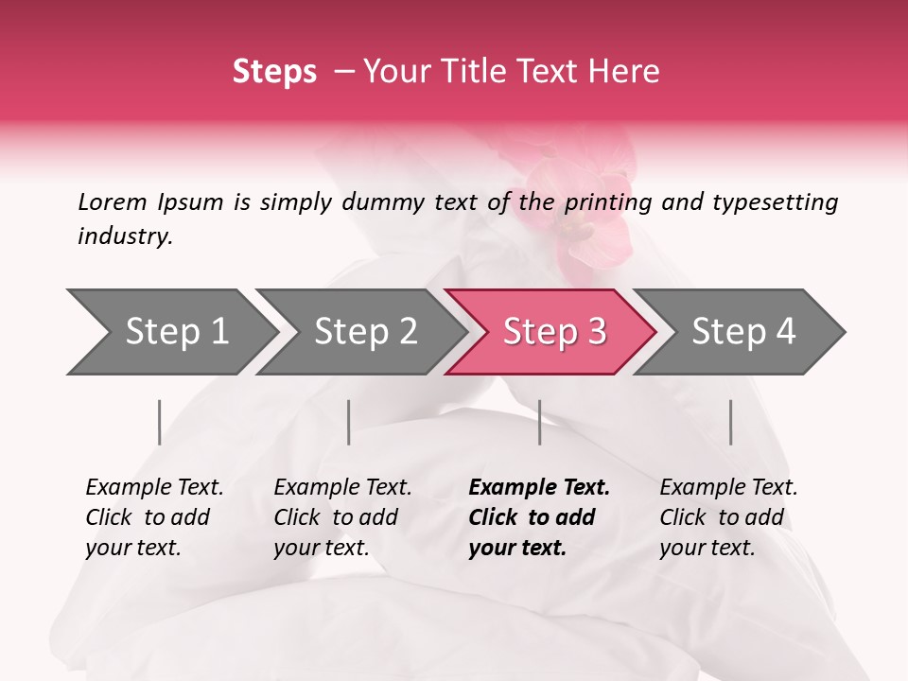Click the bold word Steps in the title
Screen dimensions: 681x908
click(274, 71)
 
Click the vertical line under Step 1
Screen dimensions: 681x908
click(160, 422)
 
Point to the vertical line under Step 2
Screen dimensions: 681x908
click(349, 422)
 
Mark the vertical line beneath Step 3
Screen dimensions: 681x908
click(540, 422)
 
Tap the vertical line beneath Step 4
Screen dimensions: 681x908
click(731, 422)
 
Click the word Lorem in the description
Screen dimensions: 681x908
click(113, 201)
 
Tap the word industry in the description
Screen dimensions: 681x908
click(125, 236)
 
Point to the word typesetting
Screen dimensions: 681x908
click(775, 202)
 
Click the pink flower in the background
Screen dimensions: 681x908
click(577, 208)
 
